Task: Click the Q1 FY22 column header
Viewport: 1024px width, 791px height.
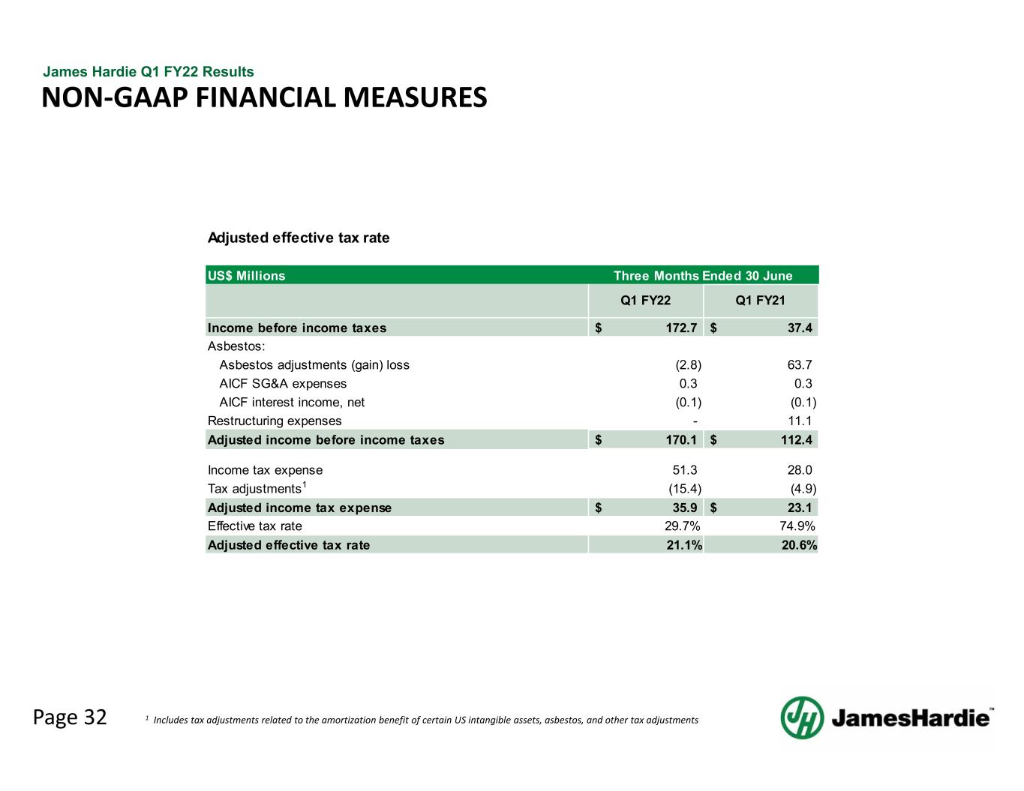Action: click(645, 301)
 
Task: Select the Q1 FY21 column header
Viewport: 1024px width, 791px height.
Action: click(760, 301)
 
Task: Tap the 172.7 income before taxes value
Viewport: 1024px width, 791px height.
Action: click(681, 328)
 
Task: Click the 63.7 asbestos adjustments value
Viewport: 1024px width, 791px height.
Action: click(800, 365)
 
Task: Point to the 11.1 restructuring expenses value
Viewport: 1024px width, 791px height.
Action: click(800, 421)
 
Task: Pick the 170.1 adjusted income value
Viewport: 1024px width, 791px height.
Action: click(681, 440)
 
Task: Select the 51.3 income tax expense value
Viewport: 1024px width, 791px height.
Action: click(685, 470)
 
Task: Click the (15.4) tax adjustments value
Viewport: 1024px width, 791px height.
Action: click(685, 489)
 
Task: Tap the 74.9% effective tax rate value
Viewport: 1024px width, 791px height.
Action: click(797, 526)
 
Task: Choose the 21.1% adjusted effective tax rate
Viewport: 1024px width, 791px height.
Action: click(684, 545)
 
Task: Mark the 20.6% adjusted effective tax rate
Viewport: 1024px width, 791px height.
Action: click(799, 545)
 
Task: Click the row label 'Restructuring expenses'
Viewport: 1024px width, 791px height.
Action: click(275, 421)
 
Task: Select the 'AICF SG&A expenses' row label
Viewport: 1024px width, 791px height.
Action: click(283, 384)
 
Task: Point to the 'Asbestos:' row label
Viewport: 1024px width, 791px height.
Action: click(236, 346)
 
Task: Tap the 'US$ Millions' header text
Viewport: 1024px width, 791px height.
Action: click(247, 275)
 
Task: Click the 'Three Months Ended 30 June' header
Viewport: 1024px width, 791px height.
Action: click(703, 275)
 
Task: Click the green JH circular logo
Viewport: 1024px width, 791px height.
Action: click(802, 718)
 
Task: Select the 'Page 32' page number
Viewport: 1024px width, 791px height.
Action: click(70, 718)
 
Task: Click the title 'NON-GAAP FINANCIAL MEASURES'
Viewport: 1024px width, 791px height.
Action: click(264, 97)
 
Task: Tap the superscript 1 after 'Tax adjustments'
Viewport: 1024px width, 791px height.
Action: click(305, 484)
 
